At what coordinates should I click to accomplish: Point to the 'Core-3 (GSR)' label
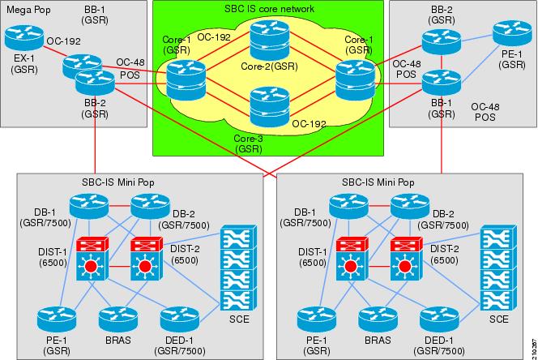tap(247, 144)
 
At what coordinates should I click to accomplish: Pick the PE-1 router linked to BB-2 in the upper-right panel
tap(510, 34)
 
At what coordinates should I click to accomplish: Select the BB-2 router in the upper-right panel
tap(438, 38)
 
